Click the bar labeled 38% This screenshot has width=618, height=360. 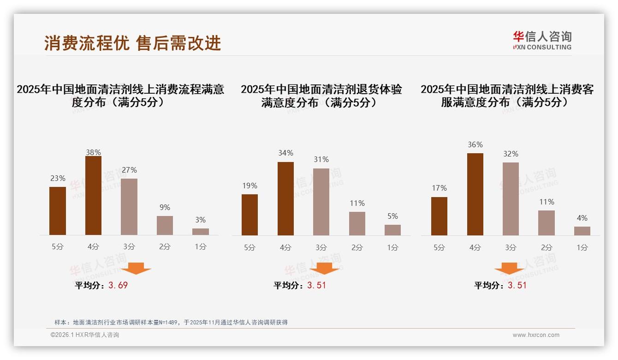pos(93,196)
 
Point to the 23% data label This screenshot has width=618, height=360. pos(58,178)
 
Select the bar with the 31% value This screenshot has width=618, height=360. pos(321,202)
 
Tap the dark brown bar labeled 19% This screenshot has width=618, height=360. pos(250,215)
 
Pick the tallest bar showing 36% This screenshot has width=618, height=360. pos(475,194)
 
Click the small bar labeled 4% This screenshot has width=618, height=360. pos(582,231)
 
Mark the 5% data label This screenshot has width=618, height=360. pos(392,216)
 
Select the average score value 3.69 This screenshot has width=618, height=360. pos(118,285)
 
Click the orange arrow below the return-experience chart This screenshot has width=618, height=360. pos(324,269)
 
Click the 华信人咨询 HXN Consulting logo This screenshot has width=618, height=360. pos(542,40)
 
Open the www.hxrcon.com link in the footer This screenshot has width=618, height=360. pos(536,335)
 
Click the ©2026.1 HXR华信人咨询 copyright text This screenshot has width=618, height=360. pos(85,335)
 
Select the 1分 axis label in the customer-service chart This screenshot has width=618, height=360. pos(582,247)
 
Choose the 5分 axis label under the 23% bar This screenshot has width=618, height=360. pos(58,246)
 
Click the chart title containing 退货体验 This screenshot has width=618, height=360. pos(321,96)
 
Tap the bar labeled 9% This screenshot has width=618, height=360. pos(165,225)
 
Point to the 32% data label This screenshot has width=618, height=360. pos(511,154)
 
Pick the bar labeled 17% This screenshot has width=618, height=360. pos(439,216)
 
